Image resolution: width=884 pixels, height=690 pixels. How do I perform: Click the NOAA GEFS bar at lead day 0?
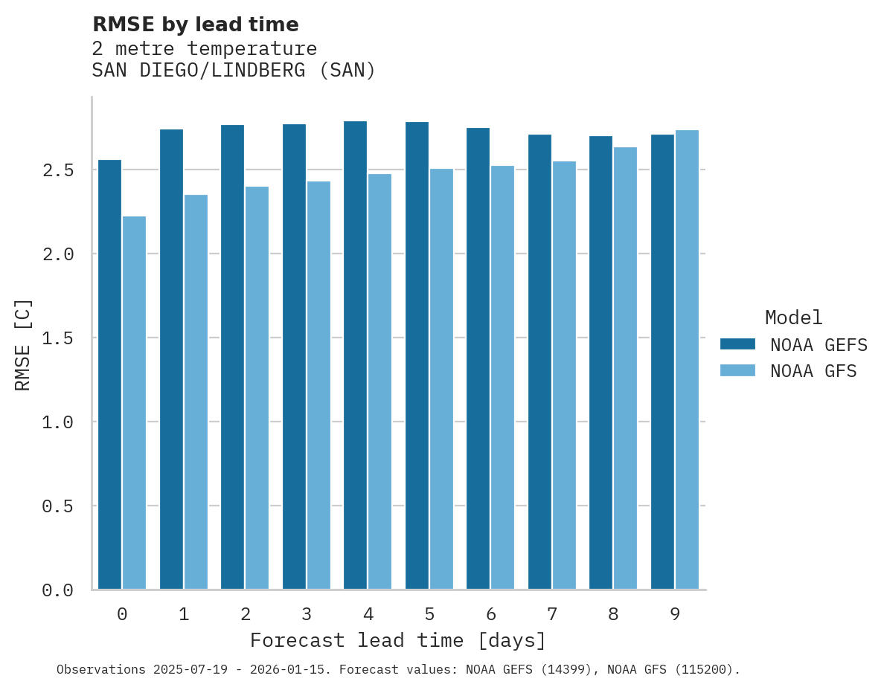click(109, 375)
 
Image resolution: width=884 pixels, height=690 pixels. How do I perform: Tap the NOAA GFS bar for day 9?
click(687, 360)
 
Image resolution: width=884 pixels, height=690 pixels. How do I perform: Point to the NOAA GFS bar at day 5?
click(441, 379)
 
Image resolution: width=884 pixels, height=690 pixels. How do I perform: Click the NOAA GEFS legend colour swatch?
click(737, 344)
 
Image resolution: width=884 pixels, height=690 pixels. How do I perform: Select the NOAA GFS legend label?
click(813, 371)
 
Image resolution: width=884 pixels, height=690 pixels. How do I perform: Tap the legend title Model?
click(793, 317)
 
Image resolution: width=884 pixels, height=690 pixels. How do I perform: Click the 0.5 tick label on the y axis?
click(57, 506)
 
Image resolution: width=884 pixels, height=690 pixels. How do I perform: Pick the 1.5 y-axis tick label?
click(57, 338)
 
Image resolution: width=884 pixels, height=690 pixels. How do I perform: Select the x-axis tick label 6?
click(491, 614)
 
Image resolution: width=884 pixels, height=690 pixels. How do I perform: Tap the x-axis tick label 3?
click(307, 614)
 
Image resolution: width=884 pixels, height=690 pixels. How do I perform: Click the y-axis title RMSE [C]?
click(23, 344)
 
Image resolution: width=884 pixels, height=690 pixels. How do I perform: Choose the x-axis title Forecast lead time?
click(398, 640)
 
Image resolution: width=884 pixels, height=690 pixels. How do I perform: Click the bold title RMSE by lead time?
click(195, 25)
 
